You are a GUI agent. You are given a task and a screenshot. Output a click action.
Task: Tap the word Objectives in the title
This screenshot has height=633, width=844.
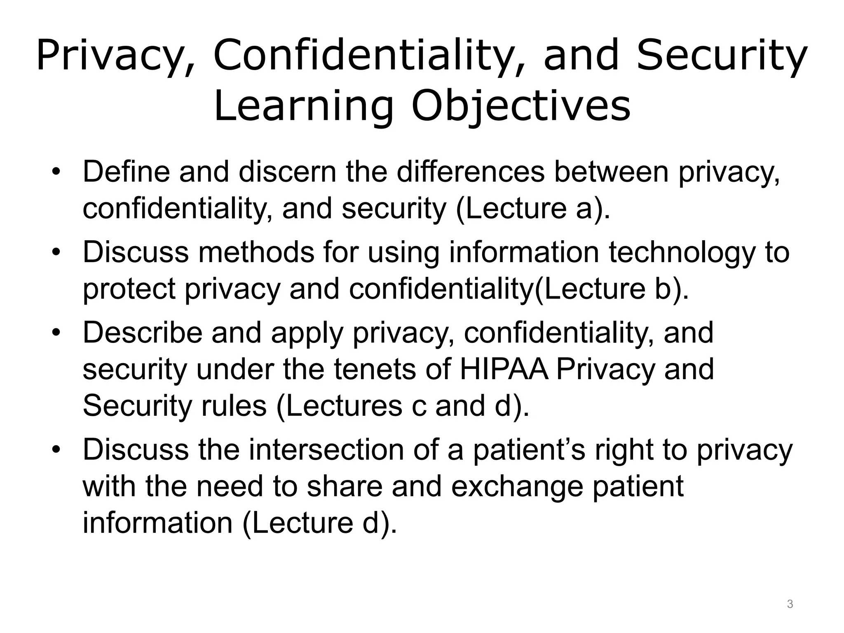[521, 107]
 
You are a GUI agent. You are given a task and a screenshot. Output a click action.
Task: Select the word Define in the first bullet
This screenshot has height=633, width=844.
[126, 172]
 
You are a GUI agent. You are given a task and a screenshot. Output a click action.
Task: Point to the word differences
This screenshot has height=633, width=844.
[471, 172]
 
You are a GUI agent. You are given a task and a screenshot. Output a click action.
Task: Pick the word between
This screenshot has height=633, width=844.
[611, 172]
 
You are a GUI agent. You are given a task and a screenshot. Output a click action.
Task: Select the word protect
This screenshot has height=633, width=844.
[129, 289]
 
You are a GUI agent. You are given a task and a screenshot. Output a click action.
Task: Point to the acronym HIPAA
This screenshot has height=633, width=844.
[504, 369]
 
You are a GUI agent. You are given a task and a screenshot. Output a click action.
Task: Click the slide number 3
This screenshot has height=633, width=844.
[790, 604]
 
